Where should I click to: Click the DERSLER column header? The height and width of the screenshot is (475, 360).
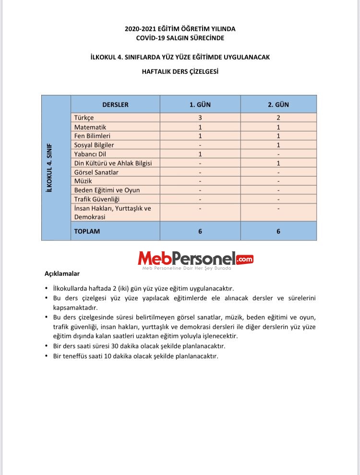coord(115,105)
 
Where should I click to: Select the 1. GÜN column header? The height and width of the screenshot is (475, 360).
coord(200,105)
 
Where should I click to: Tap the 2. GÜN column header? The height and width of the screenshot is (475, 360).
coord(278,105)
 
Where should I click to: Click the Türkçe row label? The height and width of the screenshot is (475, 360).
coord(84,118)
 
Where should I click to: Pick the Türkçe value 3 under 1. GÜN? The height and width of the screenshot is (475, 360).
coord(200,118)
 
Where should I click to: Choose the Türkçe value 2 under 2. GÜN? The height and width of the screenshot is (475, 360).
coord(278,118)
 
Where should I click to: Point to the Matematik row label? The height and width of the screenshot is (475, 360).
coord(90,127)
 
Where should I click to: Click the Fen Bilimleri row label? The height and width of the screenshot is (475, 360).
coord(92,136)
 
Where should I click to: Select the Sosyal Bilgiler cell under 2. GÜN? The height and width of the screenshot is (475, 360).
coord(278,145)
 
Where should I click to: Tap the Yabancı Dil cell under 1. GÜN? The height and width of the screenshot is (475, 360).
coord(200,154)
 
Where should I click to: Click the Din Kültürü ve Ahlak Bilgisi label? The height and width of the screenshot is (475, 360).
coord(113,163)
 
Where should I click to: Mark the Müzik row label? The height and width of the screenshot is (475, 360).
coord(83,181)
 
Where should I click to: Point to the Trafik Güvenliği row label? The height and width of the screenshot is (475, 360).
coord(96,199)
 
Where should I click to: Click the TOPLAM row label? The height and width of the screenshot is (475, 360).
coord(87,231)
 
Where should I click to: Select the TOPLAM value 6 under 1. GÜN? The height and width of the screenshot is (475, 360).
coord(200,231)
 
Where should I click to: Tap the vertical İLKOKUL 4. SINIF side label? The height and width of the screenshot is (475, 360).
coord(48,168)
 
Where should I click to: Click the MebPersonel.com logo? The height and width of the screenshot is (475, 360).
coord(195,260)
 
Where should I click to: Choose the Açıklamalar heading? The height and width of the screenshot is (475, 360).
coord(62,274)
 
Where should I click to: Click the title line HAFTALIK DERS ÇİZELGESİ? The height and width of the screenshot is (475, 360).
coord(180,71)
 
